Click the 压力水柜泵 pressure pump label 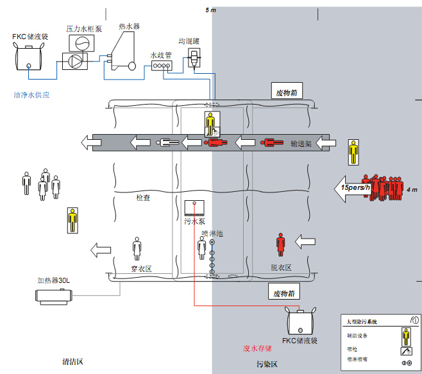click(83, 28)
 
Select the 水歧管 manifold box click(160, 65)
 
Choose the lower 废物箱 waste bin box click(285, 293)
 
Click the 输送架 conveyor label click(300, 144)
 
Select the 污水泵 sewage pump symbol click(194, 207)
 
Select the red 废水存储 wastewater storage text click(257, 348)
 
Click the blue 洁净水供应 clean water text click(31, 95)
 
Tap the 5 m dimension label click(210, 10)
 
